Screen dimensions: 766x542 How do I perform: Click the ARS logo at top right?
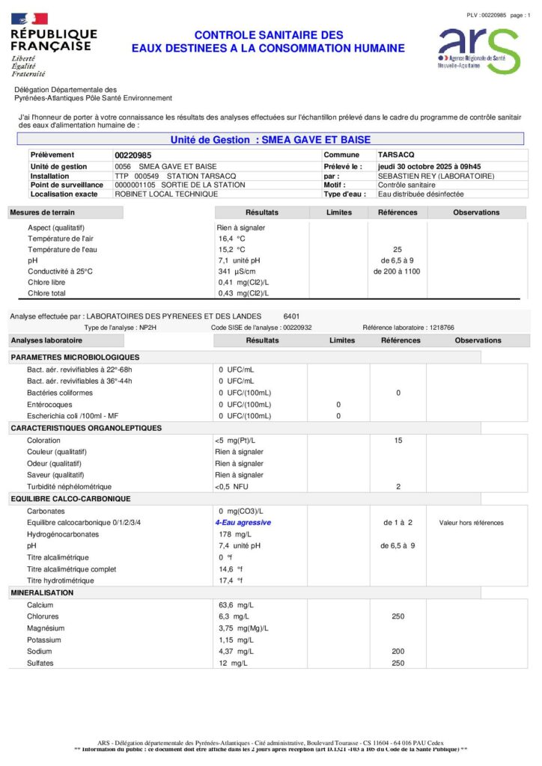[478, 50]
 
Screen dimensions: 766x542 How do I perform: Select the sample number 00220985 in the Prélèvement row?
[133, 155]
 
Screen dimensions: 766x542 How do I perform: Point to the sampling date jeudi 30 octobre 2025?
[430, 166]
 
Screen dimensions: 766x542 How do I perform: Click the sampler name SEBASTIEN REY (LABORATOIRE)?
[436, 176]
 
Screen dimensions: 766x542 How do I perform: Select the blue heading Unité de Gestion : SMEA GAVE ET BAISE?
[270, 139]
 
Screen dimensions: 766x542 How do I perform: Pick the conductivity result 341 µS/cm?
[237, 271]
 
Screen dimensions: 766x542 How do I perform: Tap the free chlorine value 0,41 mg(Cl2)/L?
[243, 282]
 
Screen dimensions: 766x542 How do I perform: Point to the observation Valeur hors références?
[471, 523]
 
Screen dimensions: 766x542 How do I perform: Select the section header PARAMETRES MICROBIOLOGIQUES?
[76, 358]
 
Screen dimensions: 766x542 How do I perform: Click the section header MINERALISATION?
[43, 592]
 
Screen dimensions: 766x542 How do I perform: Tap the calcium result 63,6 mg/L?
[236, 604]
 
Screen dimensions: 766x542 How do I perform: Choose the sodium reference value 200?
[398, 652]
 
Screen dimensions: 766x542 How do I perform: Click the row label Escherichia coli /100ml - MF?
[73, 416]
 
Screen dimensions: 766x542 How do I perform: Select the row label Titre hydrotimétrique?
[61, 580]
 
